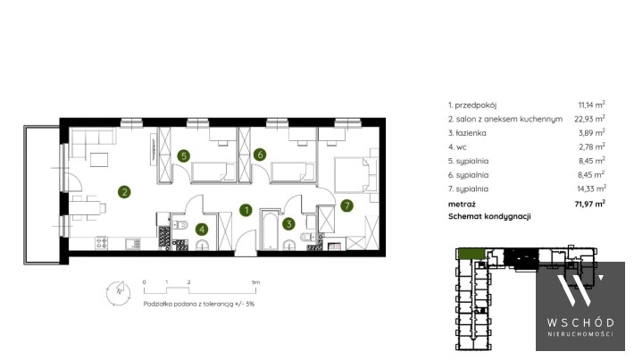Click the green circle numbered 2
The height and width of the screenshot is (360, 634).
[x=124, y=192]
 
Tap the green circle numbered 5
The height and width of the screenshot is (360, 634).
[x=184, y=155]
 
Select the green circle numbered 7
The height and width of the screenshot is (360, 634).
[x=346, y=205]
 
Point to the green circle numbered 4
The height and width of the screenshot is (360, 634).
[x=201, y=230]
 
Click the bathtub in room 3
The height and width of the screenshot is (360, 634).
[x=269, y=230]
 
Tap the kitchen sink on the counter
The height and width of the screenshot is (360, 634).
[x=133, y=244]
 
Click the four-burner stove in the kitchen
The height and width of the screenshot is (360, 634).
[x=102, y=243]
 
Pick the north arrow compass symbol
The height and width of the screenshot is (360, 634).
[x=118, y=292]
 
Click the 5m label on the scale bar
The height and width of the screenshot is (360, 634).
[x=255, y=282]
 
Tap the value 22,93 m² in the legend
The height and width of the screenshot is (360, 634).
[x=589, y=119]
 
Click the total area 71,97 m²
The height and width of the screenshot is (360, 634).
[x=590, y=204]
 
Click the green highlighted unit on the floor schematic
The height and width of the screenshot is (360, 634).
[x=471, y=254]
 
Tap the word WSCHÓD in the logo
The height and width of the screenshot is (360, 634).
[x=580, y=322]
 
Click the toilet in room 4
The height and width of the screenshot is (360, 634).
[x=179, y=225]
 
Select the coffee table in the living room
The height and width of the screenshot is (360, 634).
[x=99, y=159]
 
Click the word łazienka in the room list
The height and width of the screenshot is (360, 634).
[x=471, y=133]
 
